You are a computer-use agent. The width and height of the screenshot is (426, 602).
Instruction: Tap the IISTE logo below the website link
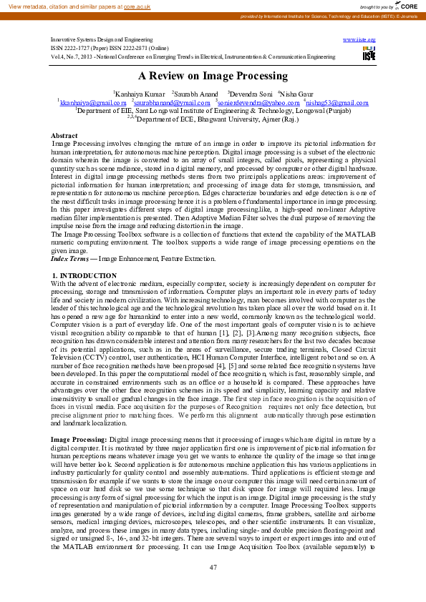tap(369, 54)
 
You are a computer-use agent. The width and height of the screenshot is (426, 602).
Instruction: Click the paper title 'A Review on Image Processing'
tap(213, 76)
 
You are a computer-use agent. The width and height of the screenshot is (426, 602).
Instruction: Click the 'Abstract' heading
tap(64, 135)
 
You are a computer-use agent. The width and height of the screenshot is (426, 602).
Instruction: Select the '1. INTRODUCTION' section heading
tap(84, 275)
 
